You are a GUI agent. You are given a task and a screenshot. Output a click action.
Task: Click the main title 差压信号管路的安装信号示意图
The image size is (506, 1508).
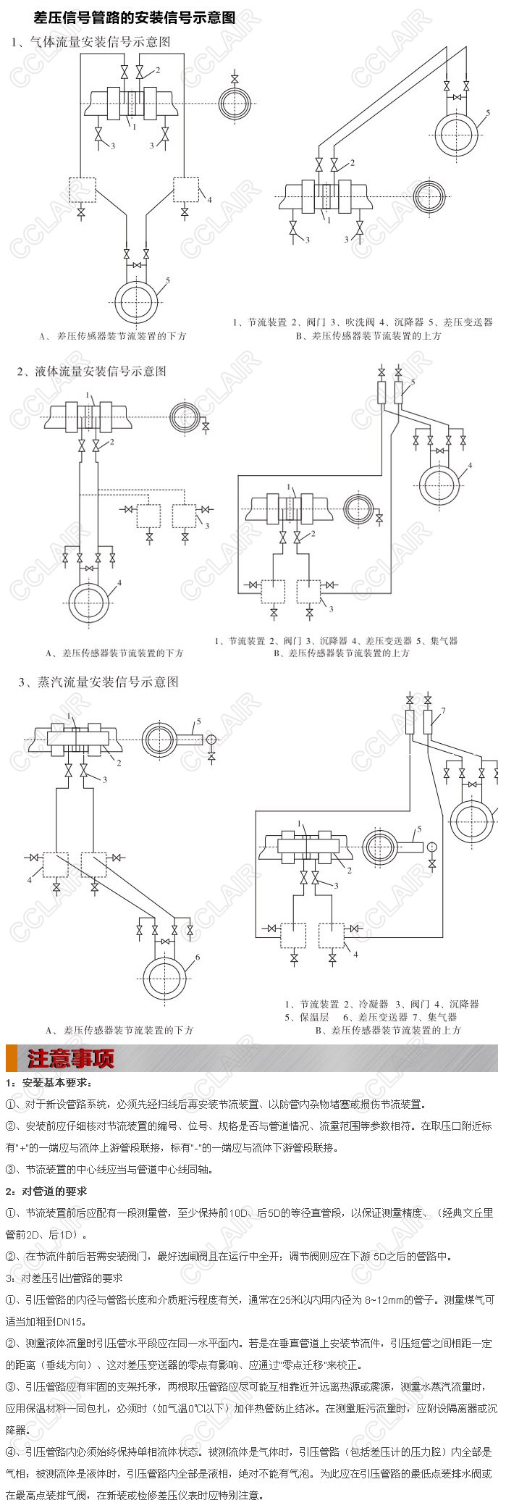click(135, 16)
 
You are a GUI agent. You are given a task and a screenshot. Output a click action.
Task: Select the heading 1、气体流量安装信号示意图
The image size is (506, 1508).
click(90, 42)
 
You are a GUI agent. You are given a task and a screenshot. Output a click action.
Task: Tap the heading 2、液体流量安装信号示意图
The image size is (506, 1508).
click(91, 371)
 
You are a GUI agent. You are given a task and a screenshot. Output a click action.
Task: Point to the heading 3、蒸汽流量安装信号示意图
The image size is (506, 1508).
click(98, 682)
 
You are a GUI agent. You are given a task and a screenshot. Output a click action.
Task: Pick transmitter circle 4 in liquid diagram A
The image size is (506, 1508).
click(91, 600)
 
